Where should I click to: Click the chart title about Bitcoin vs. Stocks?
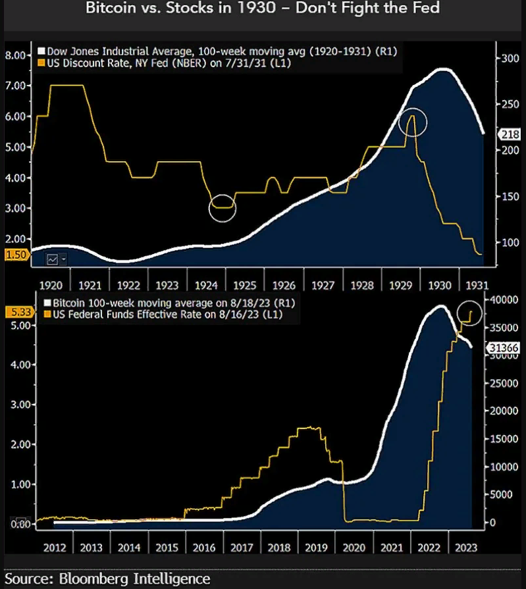(x=263, y=9)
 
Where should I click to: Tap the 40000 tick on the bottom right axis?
(x=505, y=299)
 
